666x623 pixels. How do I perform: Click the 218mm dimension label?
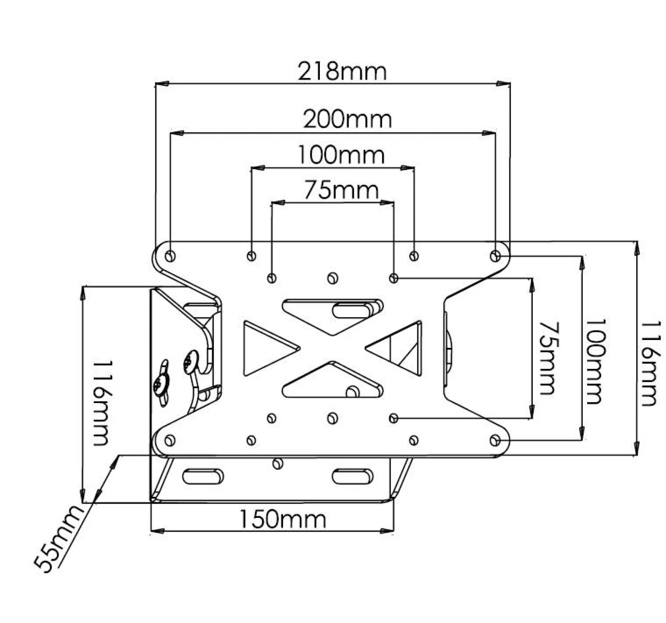point(342,71)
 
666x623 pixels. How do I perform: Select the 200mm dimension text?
point(348,119)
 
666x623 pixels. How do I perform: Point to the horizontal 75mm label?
point(341,190)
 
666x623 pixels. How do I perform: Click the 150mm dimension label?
point(283,519)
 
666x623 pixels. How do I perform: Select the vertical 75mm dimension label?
point(548,358)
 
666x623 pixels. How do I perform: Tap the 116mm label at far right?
point(648,364)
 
